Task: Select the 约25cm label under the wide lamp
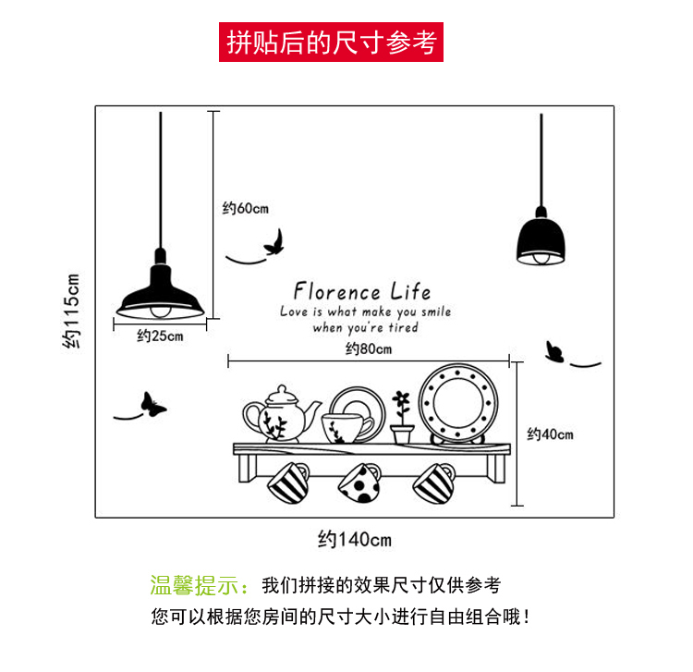[160, 336]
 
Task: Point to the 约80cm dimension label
[369, 348]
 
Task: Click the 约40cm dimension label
[551, 434]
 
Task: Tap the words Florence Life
[362, 291]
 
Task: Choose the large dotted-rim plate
[459, 404]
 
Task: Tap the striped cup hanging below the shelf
[289, 482]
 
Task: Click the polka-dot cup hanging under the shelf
[360, 483]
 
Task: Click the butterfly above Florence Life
[274, 244]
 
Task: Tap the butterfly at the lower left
[151, 404]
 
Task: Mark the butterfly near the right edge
[554, 351]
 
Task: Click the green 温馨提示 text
[199, 585]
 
